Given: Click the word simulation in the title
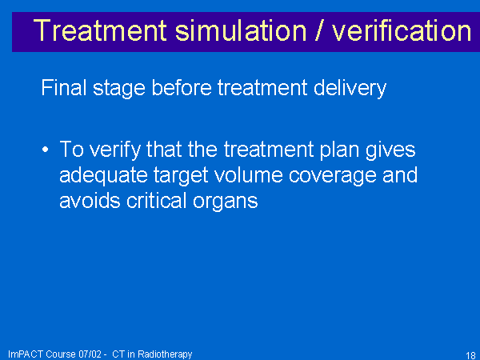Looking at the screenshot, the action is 241,30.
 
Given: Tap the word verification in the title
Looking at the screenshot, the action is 402,30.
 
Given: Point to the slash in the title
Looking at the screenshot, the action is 319,30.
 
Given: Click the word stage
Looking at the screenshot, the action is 118,90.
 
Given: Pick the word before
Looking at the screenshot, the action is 182,87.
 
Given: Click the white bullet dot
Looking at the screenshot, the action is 46,150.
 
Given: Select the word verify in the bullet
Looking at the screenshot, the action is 114,150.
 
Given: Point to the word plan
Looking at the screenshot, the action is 339,150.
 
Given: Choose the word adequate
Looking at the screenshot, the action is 103,176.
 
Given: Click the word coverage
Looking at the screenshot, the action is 332,177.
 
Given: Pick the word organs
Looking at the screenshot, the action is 226,202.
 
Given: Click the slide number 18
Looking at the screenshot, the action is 470,355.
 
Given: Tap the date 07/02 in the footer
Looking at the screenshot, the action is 90,354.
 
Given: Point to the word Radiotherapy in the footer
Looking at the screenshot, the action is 165,354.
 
